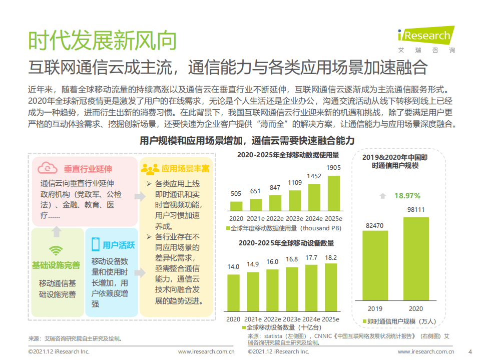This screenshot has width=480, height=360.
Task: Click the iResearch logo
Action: coord(425,36)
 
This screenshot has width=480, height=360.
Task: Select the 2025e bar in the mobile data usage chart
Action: coord(333,193)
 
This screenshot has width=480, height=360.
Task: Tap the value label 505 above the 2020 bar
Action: coord(236,194)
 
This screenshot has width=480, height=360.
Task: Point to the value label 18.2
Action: coord(331,258)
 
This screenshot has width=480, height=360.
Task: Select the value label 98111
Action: coord(415,210)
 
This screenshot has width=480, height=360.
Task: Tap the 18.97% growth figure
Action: coord(407,195)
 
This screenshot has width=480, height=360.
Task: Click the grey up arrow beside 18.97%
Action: coord(383,196)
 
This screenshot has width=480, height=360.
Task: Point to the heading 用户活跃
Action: coord(119,245)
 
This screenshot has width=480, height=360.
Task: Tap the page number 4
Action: coord(469,351)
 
